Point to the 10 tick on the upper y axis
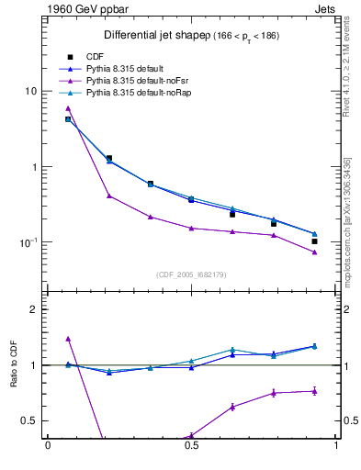tap(30, 92)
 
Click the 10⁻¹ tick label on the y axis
tap(28, 242)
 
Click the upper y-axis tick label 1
tap(34, 167)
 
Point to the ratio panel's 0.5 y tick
tap(29, 420)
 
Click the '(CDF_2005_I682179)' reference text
tap(191, 274)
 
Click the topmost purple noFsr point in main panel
tap(68, 108)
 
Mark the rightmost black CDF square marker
tap(314, 241)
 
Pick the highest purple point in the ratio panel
tap(68, 339)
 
